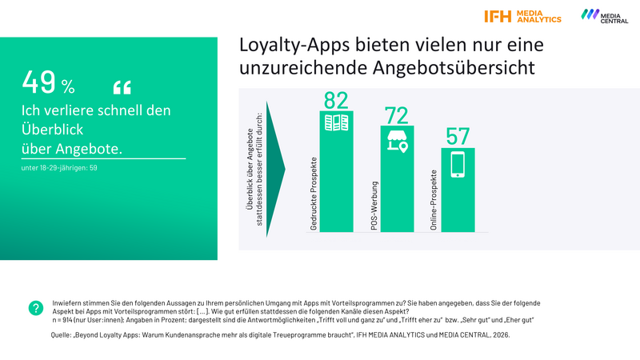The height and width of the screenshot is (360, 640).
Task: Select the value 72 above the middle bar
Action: [397, 116]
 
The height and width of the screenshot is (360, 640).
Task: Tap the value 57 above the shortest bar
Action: [458, 137]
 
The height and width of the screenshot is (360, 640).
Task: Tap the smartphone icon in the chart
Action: [458, 164]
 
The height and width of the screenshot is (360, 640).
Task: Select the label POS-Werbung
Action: [374, 207]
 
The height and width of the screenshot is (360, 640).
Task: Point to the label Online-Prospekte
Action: [434, 201]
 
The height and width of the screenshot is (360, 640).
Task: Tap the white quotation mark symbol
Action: [122, 86]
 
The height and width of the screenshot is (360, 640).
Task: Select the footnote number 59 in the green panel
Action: [92, 168]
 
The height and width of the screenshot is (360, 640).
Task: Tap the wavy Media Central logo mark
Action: [590, 14]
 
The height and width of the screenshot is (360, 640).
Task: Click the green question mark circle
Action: [35, 308]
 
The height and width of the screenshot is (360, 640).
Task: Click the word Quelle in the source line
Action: [64, 335]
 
